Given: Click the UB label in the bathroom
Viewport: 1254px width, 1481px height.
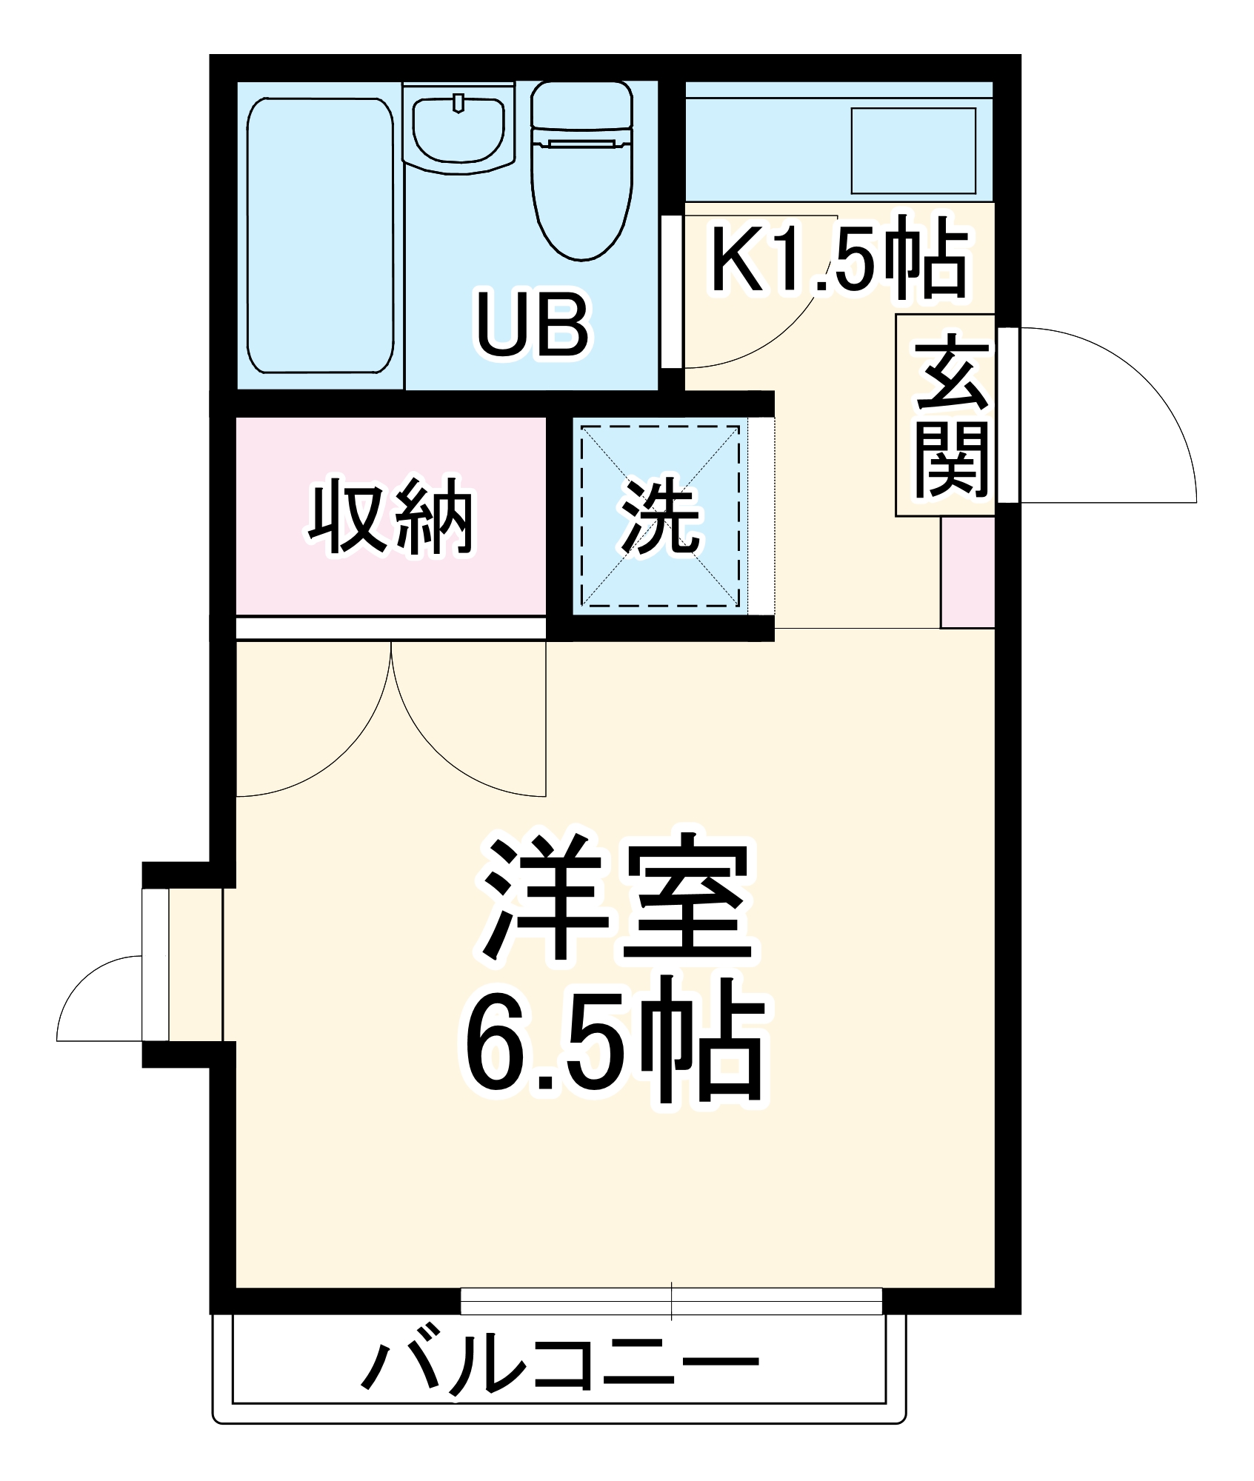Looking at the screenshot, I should [532, 325].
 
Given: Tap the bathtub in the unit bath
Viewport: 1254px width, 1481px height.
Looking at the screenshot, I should [320, 235].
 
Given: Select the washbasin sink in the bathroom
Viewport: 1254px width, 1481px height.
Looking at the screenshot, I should [458, 130].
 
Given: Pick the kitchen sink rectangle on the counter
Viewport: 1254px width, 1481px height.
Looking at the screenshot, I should [913, 151].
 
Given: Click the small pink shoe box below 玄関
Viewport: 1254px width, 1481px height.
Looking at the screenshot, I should [967, 572].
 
